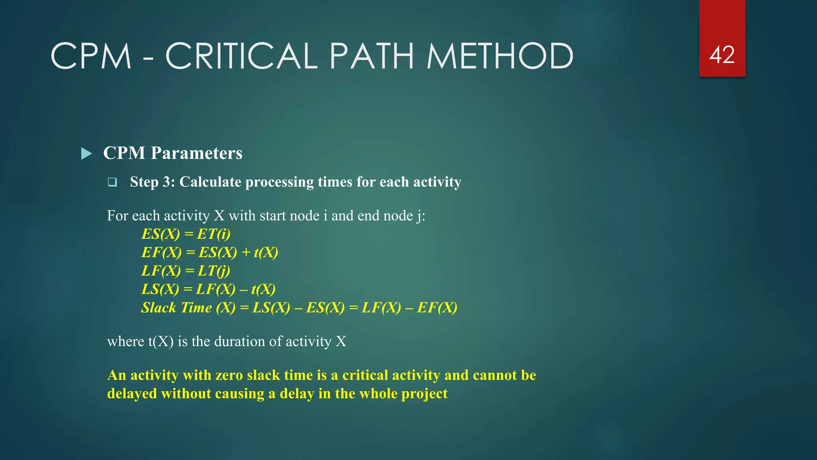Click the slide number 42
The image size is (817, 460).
[722, 55]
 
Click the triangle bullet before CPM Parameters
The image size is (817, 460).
[86, 153]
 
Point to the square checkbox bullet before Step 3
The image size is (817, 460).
[112, 182]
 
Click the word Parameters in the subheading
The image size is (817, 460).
[196, 153]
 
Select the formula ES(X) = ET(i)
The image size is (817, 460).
[186, 234]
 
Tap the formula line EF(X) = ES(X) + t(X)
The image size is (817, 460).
[210, 252]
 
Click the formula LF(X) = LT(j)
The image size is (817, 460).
[186, 271]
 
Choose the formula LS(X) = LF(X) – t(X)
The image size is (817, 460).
[208, 289]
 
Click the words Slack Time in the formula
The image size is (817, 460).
[176, 307]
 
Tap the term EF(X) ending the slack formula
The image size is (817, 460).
[437, 307]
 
